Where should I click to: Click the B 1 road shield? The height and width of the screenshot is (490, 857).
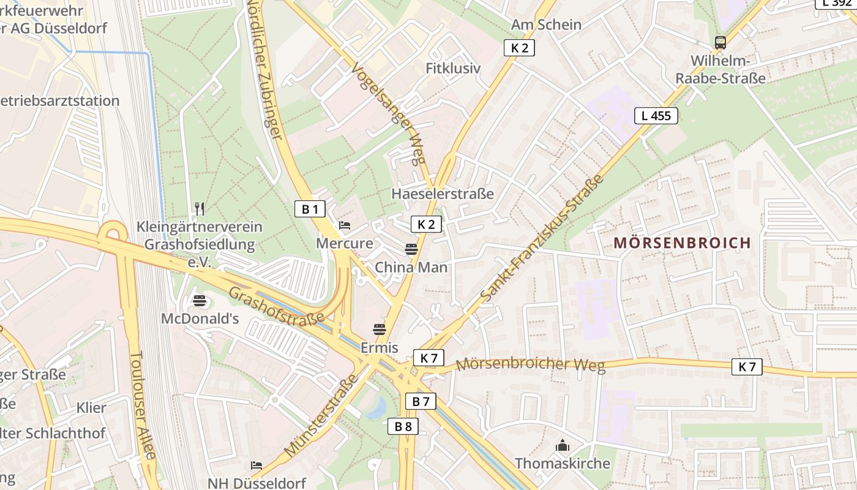coord(310,209)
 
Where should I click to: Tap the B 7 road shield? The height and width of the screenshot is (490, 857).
coord(421,401)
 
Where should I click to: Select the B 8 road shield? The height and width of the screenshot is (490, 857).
coord(403,426)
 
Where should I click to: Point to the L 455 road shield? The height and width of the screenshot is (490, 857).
coord(656,115)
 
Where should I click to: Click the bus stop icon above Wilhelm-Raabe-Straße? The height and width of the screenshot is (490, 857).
coord(720,43)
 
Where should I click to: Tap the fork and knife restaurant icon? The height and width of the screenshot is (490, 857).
coord(199,208)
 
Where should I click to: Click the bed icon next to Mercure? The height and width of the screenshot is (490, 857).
coord(345,225)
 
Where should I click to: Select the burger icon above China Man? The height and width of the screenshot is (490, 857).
coord(411,249)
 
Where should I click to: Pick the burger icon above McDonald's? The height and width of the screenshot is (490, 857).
coord(200,301)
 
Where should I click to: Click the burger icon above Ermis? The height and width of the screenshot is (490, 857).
coord(380,330)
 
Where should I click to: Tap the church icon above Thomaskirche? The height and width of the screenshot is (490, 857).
coord(562,446)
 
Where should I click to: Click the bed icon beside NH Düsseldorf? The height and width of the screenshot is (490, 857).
coord(256,466)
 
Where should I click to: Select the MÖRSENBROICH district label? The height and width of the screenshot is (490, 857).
coord(682,243)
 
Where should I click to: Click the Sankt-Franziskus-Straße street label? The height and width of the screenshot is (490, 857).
coord(542,239)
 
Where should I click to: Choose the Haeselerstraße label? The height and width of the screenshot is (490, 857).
coord(442,194)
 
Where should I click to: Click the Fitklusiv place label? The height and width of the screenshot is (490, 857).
coord(453,68)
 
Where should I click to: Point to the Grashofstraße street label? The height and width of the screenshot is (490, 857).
coord(276,307)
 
